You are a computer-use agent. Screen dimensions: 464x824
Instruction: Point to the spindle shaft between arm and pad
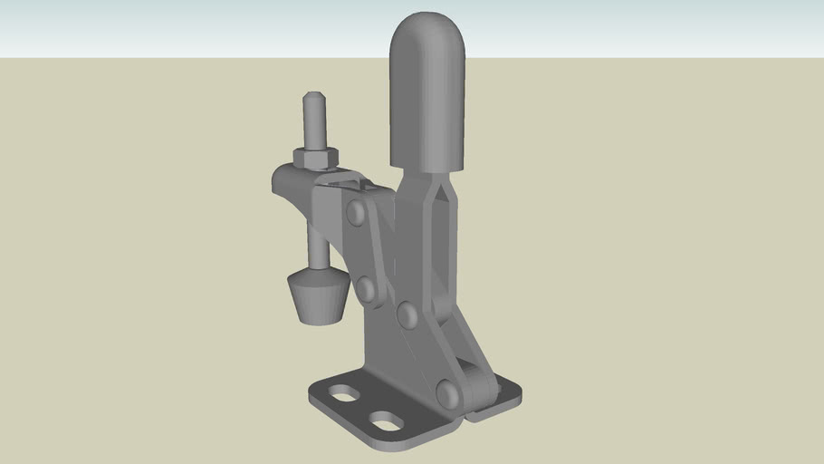(316, 245)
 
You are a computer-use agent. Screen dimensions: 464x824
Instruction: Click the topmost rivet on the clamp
(356, 213)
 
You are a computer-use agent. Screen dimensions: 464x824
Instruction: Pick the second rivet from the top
(366, 289)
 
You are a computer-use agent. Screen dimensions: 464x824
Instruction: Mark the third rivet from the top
(407, 314)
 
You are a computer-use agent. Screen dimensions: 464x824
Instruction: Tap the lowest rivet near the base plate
(447, 393)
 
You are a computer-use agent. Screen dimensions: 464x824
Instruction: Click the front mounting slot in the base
(388, 422)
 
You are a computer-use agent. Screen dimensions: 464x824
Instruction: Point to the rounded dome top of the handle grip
(428, 27)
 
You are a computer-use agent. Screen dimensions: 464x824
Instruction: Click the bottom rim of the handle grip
(427, 168)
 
